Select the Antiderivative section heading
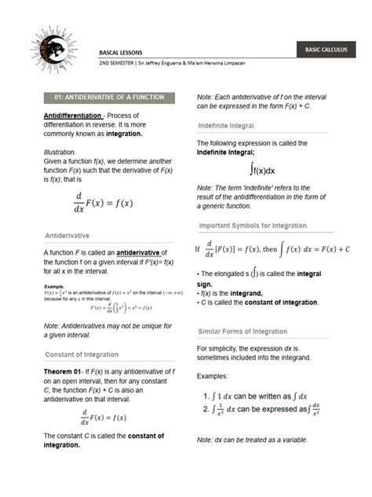coord(67,235)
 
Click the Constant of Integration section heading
coord(82,354)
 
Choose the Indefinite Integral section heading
coord(229,124)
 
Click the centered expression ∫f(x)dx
coord(263,169)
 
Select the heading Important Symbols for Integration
coord(262,225)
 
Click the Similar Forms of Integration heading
coord(243,331)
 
